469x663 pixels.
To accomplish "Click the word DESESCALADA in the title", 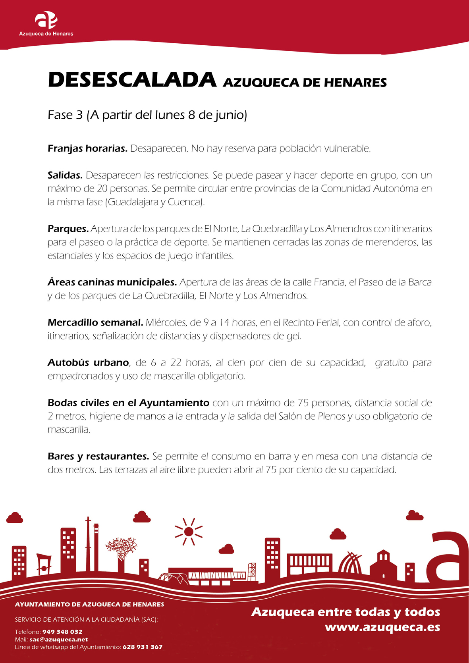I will point(132,80).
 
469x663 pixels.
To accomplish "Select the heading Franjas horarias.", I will point(87,148).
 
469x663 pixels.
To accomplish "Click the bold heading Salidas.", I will point(65,175).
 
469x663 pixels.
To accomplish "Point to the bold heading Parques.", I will point(68,229).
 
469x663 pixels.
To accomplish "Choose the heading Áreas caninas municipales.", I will point(112,282).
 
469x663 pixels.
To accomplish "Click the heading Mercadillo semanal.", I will point(95,322).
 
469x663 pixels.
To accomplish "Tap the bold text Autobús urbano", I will point(88,362).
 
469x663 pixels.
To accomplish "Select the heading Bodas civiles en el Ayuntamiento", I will point(128,403).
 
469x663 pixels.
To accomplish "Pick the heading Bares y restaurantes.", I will point(98,456).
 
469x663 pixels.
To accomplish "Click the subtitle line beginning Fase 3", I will point(147,115).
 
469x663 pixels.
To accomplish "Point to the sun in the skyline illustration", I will point(189,531).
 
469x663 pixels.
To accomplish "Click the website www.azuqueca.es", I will point(382,627).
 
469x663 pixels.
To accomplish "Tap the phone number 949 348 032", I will point(62,632).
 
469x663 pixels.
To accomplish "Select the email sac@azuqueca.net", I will point(59,639).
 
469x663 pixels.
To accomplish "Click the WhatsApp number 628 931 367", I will point(143,647).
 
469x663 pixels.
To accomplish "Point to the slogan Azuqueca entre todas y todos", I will point(345,612).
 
